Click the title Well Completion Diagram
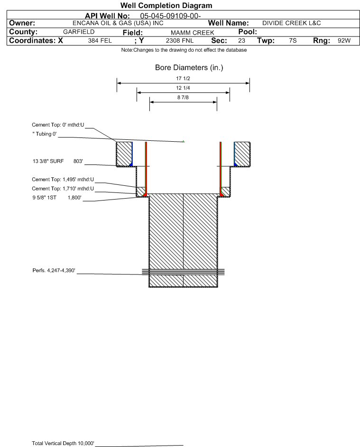pos(166,5)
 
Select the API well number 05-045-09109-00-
pos(170,16)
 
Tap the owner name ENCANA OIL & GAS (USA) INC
pos(118,23)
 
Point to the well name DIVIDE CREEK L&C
pos(292,23)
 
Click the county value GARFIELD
pos(79,32)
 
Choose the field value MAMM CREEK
pos(192,33)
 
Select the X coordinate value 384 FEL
pos(100,40)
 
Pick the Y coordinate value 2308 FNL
pos(180,40)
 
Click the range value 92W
pos(344,40)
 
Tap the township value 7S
pos(293,40)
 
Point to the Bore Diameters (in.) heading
pos(189,68)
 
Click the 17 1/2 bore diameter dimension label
pos(183,78)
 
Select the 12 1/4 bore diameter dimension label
pos(183,88)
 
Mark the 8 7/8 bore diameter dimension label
pos(183,97)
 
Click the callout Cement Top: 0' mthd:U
pos(58,125)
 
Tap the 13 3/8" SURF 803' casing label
pos(58,161)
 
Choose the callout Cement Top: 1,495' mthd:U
pos(63,179)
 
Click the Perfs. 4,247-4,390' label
pos(54,270)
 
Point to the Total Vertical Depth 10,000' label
pos(63,443)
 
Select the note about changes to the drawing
pos(184,50)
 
